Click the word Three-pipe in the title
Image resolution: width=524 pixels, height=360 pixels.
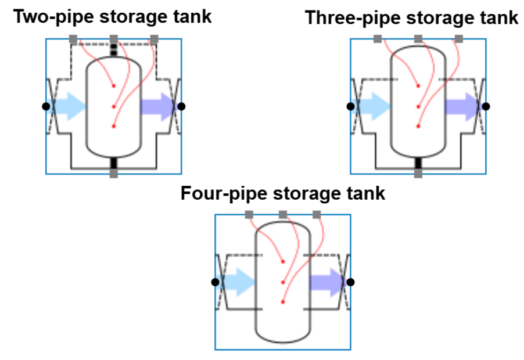pyautogui.click(x=344, y=18)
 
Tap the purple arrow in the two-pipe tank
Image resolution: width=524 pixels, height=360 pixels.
pyautogui.click(x=157, y=106)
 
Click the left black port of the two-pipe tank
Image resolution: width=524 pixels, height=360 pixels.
pyautogui.click(x=46, y=106)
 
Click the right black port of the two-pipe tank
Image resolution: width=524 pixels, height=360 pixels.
pyautogui.click(x=181, y=106)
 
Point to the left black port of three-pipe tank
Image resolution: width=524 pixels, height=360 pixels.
pyautogui.click(x=350, y=106)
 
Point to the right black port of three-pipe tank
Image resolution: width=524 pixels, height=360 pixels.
pyautogui.click(x=486, y=106)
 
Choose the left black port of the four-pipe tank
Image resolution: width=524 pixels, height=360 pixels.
pyautogui.click(x=215, y=282)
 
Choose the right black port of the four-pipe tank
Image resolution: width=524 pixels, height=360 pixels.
pyautogui.click(x=350, y=282)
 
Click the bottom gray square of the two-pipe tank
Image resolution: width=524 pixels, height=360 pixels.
pyautogui.click(x=114, y=174)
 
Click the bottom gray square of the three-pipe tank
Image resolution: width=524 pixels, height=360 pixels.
pyautogui.click(x=418, y=174)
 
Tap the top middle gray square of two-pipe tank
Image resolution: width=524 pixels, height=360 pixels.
pyautogui.click(x=114, y=39)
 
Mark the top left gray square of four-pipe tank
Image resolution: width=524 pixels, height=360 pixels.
pyautogui.click(x=249, y=215)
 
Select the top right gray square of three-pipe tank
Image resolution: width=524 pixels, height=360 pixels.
pyautogui.click(x=459, y=39)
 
